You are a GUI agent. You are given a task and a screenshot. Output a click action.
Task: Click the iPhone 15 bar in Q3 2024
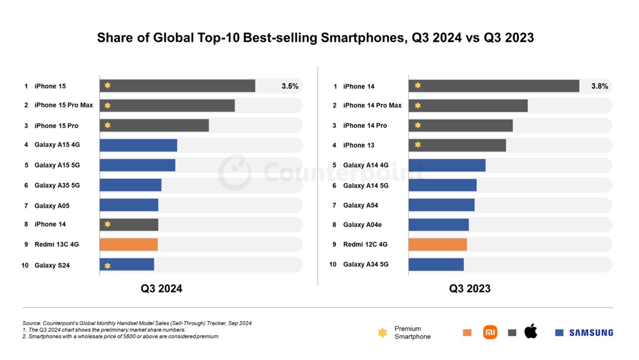pos(177,86)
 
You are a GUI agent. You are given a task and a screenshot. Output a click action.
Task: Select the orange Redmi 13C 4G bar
pos(129,244)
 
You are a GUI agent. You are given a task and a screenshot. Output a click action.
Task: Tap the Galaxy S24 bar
pos(127,265)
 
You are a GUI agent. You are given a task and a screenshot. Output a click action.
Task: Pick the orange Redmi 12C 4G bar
pos(437,244)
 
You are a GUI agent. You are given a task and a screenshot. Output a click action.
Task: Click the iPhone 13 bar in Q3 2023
pos(457,145)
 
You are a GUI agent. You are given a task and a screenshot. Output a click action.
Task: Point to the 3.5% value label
pos(290,86)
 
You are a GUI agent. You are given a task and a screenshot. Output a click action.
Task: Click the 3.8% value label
pos(600,86)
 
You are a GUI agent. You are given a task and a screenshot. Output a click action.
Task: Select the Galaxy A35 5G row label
pos(57,185)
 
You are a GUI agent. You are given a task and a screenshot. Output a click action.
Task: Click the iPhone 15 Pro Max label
pos(63,105)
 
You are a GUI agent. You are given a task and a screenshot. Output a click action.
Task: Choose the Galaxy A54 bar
pos(441,205)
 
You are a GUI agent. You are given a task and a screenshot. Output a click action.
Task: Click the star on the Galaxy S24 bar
pos(108,265)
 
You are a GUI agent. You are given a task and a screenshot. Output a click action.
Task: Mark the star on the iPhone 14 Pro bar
pos(417,125)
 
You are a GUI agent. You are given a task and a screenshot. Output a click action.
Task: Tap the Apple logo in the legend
pos(530,332)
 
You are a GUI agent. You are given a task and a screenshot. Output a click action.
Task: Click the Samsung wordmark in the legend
pos(591,333)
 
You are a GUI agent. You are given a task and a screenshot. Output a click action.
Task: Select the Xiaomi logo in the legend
pos(490,332)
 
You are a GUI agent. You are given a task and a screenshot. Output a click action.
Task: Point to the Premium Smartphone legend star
pos(382,333)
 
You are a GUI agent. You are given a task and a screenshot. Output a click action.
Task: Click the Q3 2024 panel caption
pos(161,288)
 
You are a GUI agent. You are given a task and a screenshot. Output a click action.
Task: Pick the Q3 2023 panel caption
pos(470,288)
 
